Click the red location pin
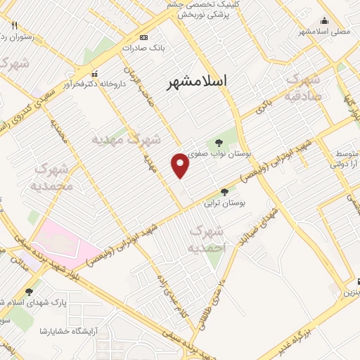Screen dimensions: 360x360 [181, 165]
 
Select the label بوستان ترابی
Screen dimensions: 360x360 [223, 204]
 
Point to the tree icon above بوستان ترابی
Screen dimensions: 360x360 [224, 191]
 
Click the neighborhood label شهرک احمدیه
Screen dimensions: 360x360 [207, 238]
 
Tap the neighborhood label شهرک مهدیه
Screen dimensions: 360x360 [127, 140]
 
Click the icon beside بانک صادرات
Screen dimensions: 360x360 [144, 37]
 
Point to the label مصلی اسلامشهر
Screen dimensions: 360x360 [323, 32]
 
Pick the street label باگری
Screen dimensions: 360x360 [263, 108]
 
